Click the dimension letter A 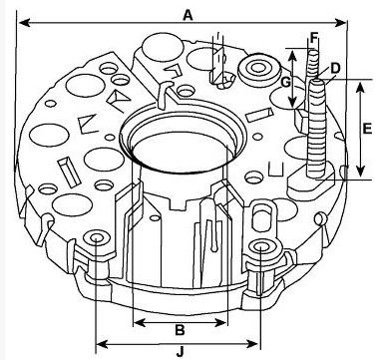click(188, 15)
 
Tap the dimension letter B click(180, 330)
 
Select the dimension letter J click(180, 352)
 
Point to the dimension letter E click(367, 129)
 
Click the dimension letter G click(286, 82)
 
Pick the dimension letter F click(314, 37)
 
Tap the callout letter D click(335, 69)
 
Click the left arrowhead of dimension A click(25, 23)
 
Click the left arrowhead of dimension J click(102, 344)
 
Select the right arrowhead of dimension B click(220, 322)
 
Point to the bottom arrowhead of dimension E click(360, 171)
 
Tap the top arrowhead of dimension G click(292, 56)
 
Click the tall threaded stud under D click(317, 128)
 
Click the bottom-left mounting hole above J click(97, 238)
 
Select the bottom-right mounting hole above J click(261, 247)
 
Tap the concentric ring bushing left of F click(258, 70)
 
